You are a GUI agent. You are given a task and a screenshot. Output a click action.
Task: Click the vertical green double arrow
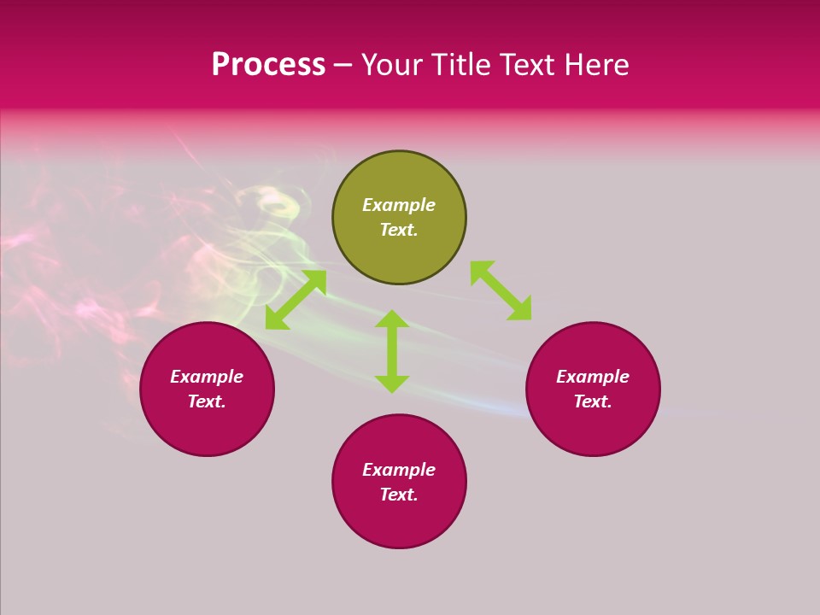(392, 351)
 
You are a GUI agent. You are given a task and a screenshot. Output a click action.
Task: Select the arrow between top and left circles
(296, 300)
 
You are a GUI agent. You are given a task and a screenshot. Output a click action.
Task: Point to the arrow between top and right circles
(501, 290)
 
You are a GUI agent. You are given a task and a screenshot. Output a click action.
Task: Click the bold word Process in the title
(268, 65)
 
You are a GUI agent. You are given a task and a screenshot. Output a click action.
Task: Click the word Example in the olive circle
(399, 205)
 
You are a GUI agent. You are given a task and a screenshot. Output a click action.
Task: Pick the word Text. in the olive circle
(399, 230)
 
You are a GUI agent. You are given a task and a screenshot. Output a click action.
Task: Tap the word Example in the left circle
(207, 377)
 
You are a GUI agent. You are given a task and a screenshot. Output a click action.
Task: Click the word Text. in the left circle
(207, 401)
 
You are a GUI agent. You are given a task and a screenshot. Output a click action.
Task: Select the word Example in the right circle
(593, 377)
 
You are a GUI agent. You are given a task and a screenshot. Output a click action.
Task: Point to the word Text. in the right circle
(593, 401)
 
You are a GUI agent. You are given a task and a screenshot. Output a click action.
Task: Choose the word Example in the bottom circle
(399, 470)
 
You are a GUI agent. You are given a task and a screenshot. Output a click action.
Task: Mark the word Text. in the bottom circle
(399, 495)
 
